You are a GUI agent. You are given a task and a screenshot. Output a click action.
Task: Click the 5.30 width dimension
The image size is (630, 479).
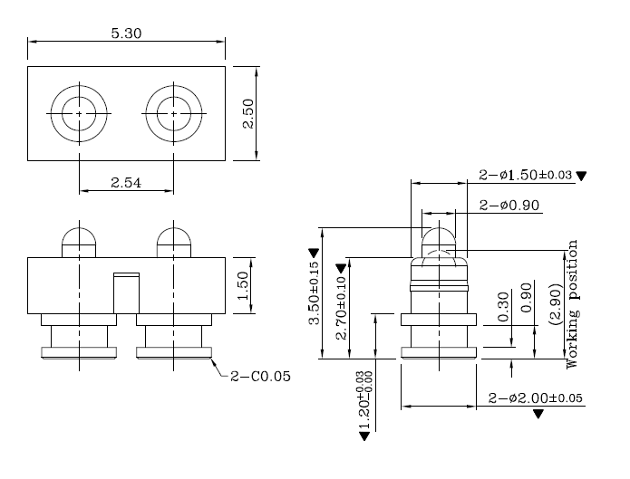click(126, 34)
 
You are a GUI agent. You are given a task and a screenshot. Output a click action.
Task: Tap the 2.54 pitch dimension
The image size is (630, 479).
click(126, 183)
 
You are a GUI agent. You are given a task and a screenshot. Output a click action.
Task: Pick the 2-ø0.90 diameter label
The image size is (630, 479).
click(509, 205)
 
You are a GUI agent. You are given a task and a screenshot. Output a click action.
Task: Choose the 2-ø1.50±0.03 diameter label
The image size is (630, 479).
click(526, 176)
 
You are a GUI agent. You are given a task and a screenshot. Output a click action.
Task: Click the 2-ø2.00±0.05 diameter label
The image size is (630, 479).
click(535, 398)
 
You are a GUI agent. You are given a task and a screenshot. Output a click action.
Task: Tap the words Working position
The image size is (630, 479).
click(572, 303)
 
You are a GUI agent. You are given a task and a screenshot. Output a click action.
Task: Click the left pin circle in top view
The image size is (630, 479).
click(79, 113)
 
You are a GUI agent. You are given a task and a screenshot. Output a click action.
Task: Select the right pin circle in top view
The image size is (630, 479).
click(172, 113)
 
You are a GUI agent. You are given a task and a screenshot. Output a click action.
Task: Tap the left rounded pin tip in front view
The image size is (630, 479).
click(79, 242)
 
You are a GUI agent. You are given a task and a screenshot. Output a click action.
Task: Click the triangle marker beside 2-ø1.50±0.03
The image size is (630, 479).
click(582, 176)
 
